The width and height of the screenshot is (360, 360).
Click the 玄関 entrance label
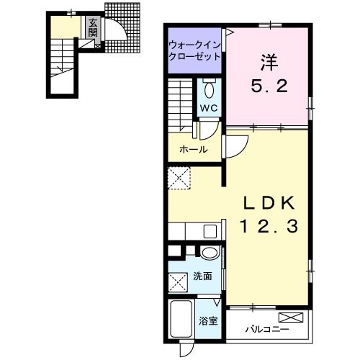pyautogui.click(x=93, y=27)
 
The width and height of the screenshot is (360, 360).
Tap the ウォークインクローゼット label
pyautogui.click(x=194, y=50)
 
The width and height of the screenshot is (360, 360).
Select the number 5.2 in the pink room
pyautogui.click(x=269, y=86)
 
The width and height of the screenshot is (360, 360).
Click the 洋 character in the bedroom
pyautogui.click(x=269, y=63)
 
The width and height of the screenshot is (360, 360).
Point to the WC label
pyautogui.click(x=209, y=108)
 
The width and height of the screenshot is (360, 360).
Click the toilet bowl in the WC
pyautogui.click(x=210, y=90)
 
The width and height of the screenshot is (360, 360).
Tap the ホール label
pyautogui.click(x=194, y=150)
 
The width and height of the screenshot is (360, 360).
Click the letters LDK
pyautogui.click(x=269, y=203)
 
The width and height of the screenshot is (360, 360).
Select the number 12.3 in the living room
pyautogui.click(x=269, y=226)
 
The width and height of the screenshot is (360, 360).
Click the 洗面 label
pyautogui.click(x=203, y=276)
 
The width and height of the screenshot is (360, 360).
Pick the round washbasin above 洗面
pyautogui.click(x=210, y=253)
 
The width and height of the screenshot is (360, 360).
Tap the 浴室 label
pyautogui.click(x=208, y=320)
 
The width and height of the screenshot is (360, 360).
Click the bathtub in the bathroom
pyautogui.click(x=181, y=319)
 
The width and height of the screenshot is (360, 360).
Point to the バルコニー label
pyautogui.click(x=267, y=329)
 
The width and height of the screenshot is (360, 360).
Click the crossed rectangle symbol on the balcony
pyautogui.click(x=291, y=318)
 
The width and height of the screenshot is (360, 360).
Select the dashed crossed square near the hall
pyautogui.click(x=179, y=178)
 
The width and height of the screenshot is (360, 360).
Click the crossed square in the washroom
pyautogui.click(x=178, y=282)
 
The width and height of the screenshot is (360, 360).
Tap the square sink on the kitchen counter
pyautogui.click(x=210, y=231)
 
